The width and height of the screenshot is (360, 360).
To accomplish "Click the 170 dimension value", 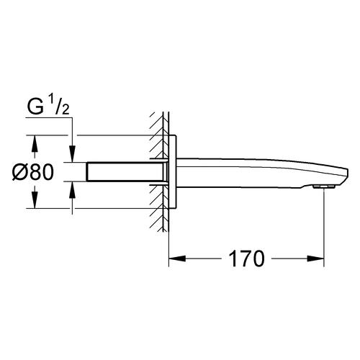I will [x=245, y=256].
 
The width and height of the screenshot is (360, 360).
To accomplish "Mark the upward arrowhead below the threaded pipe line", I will [x=72, y=188].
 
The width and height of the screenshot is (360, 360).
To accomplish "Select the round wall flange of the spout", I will [x=172, y=171].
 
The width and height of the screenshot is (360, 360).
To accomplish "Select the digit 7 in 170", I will [x=245, y=256].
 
